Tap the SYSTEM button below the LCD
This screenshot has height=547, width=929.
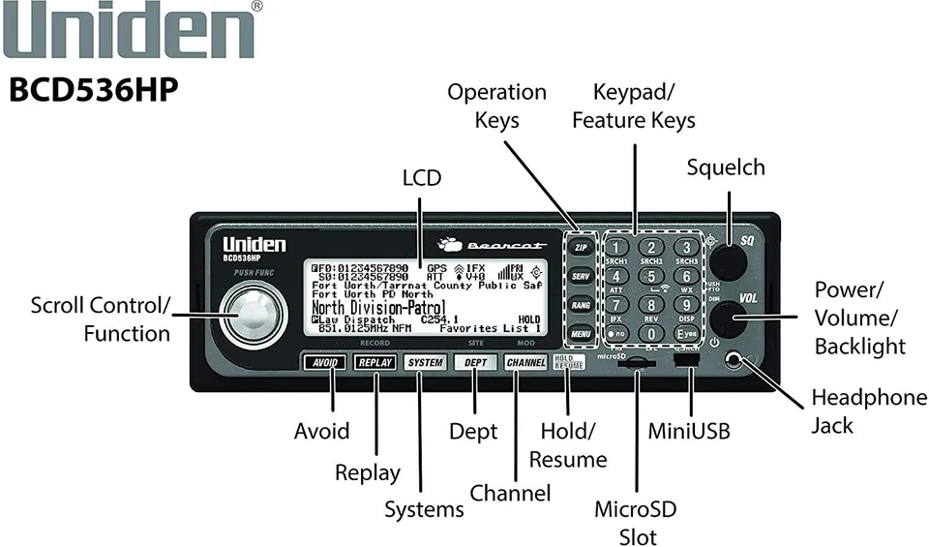point(425,363)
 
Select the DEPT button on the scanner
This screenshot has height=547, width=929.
point(474,363)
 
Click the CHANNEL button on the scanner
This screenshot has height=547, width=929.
point(525,363)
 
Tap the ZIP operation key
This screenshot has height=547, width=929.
point(581,249)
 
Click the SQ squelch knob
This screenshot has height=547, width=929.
point(730,260)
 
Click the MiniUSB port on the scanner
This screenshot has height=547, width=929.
point(689,359)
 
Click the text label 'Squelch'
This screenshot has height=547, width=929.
point(726,167)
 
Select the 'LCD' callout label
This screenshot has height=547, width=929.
point(421,178)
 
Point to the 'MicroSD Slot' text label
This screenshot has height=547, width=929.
point(636,523)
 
